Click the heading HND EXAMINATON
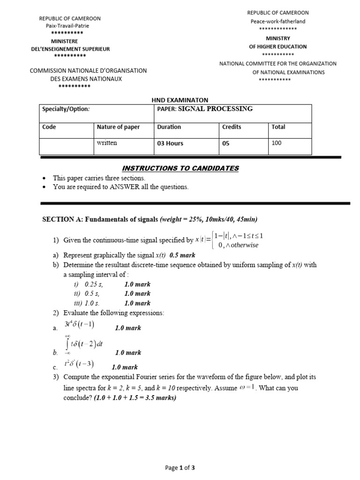pos(180,100)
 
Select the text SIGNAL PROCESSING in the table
pos(216,109)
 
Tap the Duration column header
pos(169,127)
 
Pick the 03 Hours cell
pos(170,143)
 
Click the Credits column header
pos(232,127)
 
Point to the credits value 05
pos(226,143)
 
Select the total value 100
pos(277,143)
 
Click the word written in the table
pos(107,143)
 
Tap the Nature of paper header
pos(118,127)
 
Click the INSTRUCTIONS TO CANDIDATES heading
pos(180,168)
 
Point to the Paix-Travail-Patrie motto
pos(67,26)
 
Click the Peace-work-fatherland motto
pos(277,21)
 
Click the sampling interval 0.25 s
pos(93,285)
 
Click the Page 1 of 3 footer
pos(180,467)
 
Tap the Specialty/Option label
pos(66,109)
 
